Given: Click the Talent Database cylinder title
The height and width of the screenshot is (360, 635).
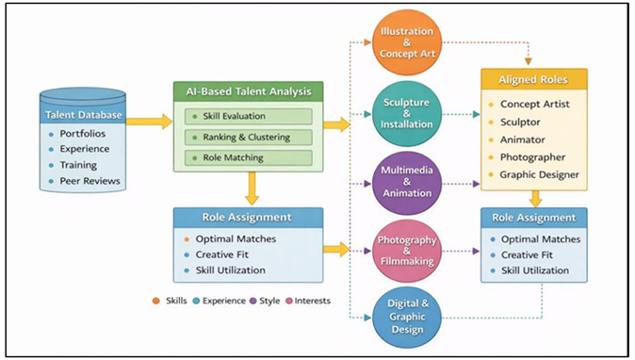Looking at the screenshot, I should click(x=84, y=115).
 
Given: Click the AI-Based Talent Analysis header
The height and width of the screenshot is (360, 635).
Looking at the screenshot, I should click(x=248, y=91).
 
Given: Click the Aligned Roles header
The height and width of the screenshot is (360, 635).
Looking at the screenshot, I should click(x=534, y=79).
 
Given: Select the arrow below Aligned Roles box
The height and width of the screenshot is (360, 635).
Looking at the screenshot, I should click(x=534, y=198).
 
